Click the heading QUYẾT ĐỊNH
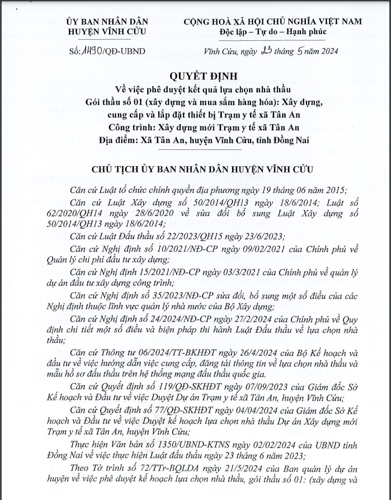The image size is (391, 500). click(x=195, y=76)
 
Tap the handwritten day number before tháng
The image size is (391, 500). click(x=266, y=50)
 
